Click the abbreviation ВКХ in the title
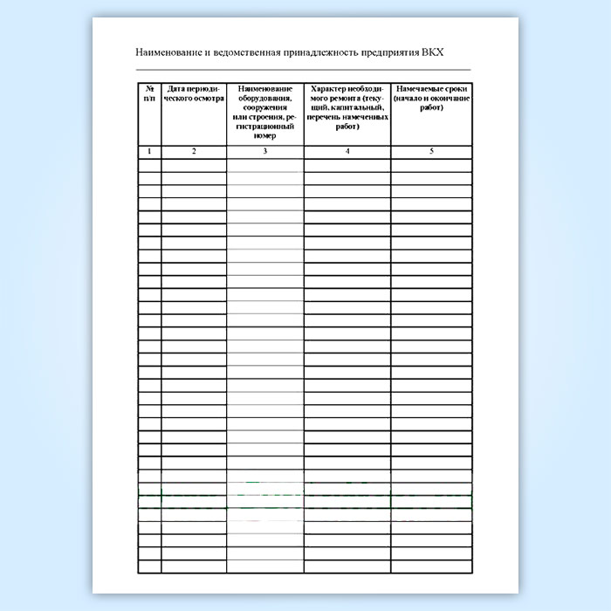pos(432,51)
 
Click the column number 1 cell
pos(149,152)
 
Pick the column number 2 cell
pos(194,152)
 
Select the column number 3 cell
pos(265,152)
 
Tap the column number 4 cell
pos(347,152)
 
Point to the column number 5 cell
pos(431,152)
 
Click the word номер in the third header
pos(265,136)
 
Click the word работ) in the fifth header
pos(431,107)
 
